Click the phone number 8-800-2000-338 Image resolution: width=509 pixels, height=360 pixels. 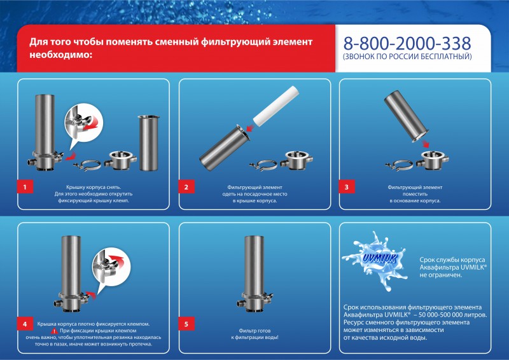(x=407, y=43)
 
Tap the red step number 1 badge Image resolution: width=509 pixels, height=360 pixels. (x=25, y=186)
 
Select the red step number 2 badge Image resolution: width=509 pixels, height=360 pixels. (x=186, y=186)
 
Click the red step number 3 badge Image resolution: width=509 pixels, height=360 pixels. (x=346, y=186)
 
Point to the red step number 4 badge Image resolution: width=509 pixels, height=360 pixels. (x=25, y=324)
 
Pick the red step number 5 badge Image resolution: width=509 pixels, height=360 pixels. (x=186, y=324)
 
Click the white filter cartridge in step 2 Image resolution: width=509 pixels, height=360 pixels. (x=275, y=106)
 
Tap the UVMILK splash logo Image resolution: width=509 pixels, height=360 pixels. (x=376, y=260)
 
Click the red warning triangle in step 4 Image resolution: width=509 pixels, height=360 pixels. (x=55, y=331)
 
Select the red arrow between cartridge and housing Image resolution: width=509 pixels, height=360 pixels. (x=249, y=128)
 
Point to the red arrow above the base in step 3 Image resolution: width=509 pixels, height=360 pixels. (x=425, y=143)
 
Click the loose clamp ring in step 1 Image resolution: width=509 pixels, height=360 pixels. (x=87, y=165)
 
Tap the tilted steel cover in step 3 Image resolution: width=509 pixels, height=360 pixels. (x=406, y=116)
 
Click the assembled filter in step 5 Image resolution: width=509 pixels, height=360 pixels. (x=254, y=274)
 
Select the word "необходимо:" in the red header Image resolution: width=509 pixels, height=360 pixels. (x=60, y=55)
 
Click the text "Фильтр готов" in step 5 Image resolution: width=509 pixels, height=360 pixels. (x=254, y=331)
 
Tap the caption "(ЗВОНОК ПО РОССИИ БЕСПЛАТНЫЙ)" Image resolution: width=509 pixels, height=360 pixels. (x=407, y=57)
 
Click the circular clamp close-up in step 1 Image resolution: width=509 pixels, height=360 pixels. (x=83, y=123)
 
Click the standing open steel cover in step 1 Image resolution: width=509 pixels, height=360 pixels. (x=149, y=143)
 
